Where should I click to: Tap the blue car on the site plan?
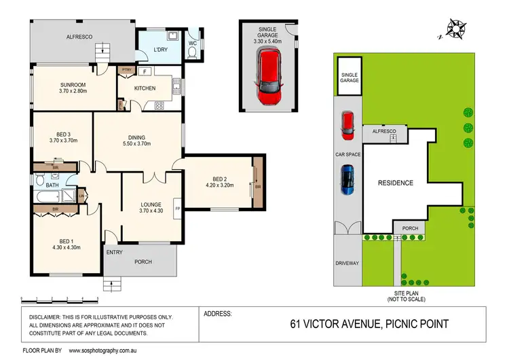pos(347,180)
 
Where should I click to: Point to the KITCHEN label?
pos(145,88)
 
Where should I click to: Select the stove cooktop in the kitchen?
pos(160,105)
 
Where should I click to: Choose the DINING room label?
pos(138,137)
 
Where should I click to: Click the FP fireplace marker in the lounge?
pos(178,209)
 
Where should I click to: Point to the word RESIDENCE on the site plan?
pos(396,183)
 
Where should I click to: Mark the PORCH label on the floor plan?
pos(142,262)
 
